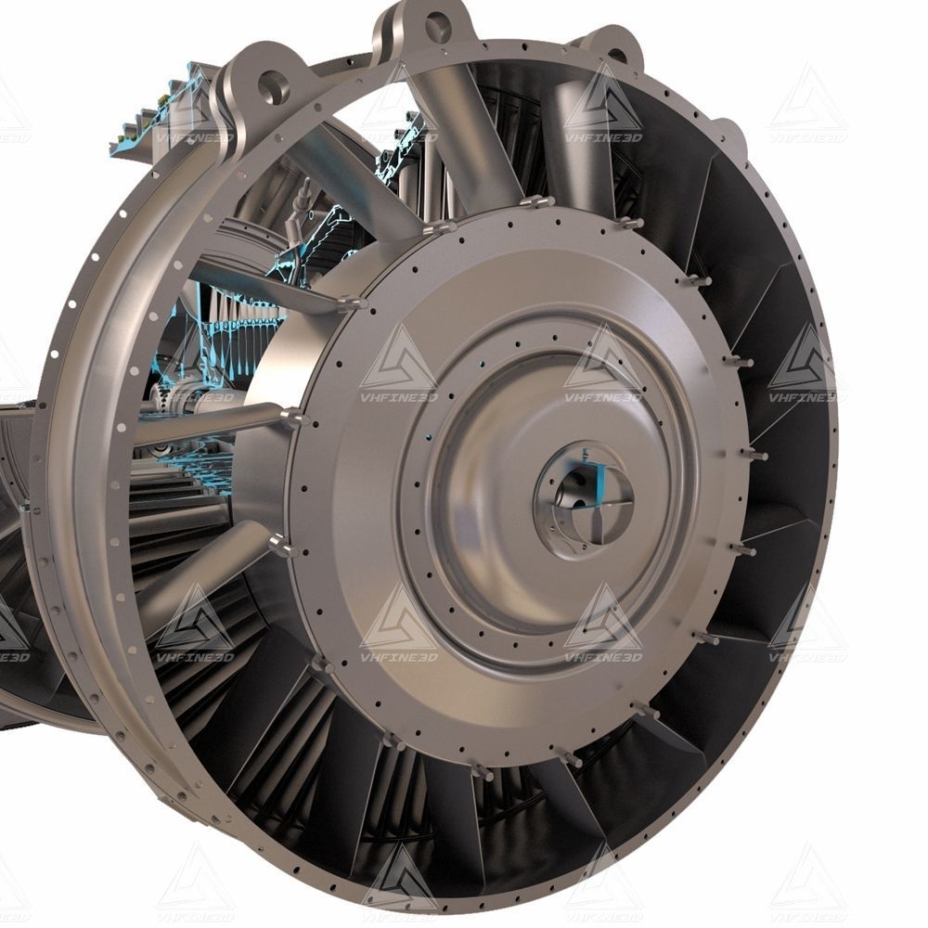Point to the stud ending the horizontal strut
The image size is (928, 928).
(x=295, y=419)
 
